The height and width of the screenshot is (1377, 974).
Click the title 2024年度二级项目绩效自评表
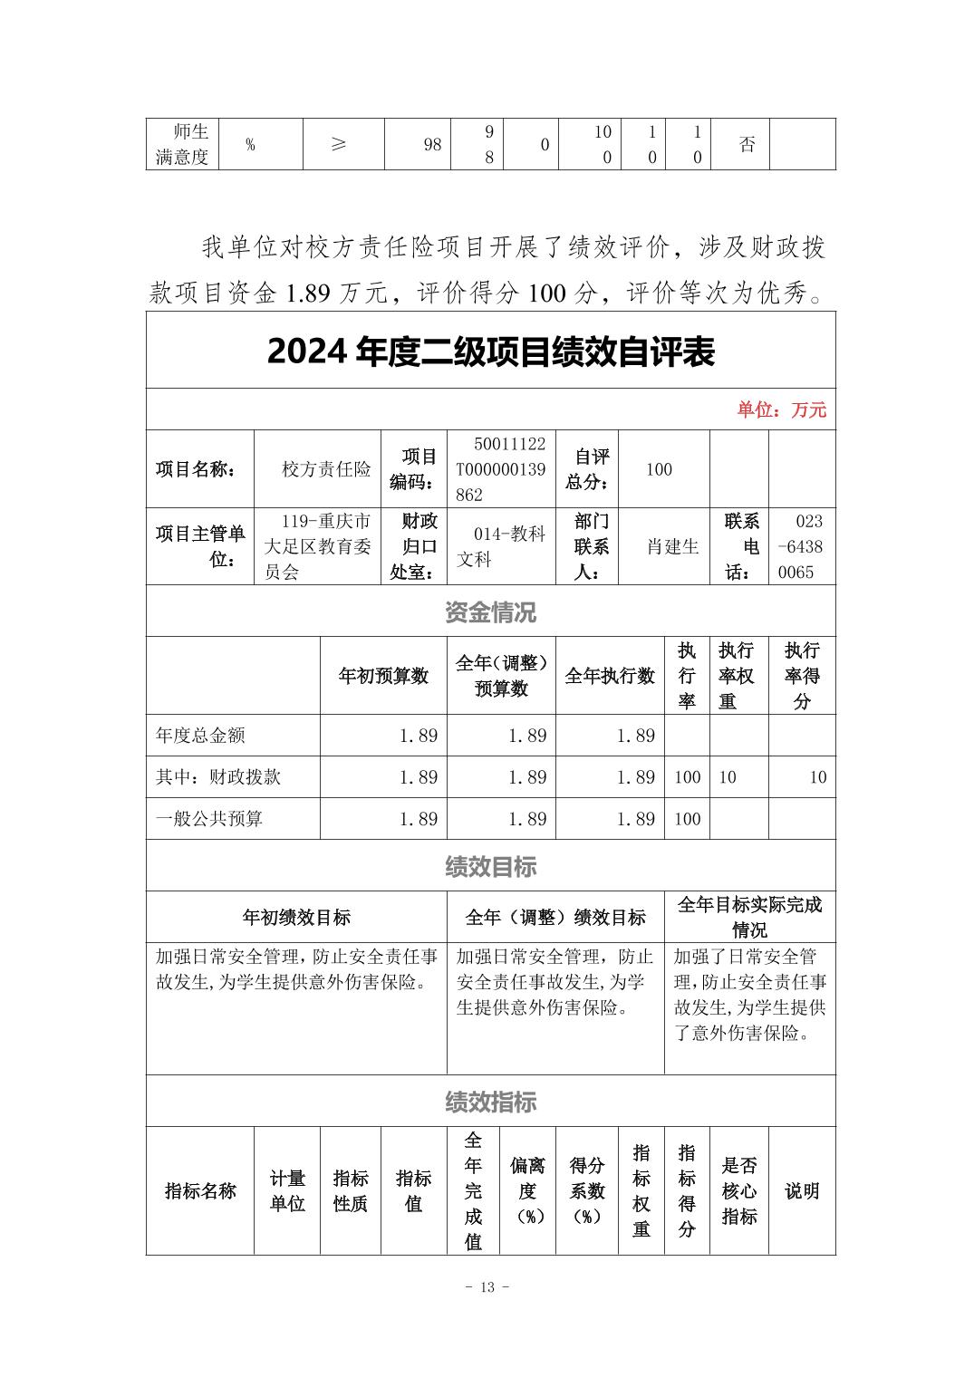coord(490,352)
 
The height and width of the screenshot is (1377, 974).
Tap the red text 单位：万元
coord(781,409)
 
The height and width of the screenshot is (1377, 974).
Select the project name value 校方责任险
coord(326,469)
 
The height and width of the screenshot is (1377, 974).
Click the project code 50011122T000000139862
coord(501,469)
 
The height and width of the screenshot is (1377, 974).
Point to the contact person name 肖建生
coord(672,546)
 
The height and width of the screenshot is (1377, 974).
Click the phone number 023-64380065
coord(797,546)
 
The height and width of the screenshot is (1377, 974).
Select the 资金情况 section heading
coord(490,612)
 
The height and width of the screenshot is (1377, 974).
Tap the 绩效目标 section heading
coord(490,867)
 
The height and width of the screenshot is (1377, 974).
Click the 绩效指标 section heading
coord(490,1103)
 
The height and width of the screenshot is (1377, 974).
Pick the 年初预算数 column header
coord(383,676)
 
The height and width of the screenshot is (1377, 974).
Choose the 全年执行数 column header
coord(610,676)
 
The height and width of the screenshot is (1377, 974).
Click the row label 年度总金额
coord(200,736)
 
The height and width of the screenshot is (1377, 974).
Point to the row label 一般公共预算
coord(209,819)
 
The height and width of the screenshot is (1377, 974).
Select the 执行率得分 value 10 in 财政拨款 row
coord(817,777)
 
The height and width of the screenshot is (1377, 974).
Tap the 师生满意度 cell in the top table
coord(182,144)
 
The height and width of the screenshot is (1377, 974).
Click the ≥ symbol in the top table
coord(338,144)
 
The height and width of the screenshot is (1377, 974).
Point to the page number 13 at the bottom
coord(487,1287)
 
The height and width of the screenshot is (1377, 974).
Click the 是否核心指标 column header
coord(738,1190)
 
